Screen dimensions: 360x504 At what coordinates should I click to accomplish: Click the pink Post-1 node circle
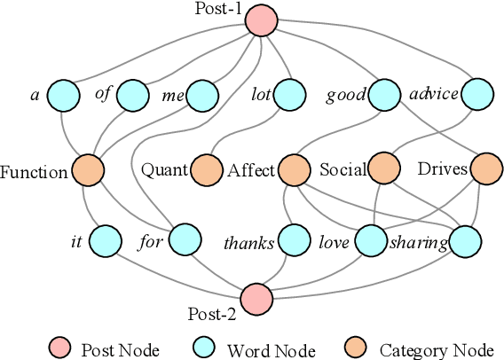261,20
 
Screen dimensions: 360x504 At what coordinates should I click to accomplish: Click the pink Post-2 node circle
256,299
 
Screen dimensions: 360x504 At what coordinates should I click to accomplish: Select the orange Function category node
87,169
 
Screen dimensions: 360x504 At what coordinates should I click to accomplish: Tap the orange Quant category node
206,169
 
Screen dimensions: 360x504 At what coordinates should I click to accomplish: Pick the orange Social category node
384,168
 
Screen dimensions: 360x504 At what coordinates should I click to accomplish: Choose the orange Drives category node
485,168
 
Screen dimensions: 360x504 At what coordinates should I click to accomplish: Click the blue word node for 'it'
105,239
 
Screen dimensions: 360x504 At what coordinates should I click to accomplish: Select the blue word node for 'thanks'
294,240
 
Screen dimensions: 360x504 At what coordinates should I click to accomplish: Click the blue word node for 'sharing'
464,240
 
